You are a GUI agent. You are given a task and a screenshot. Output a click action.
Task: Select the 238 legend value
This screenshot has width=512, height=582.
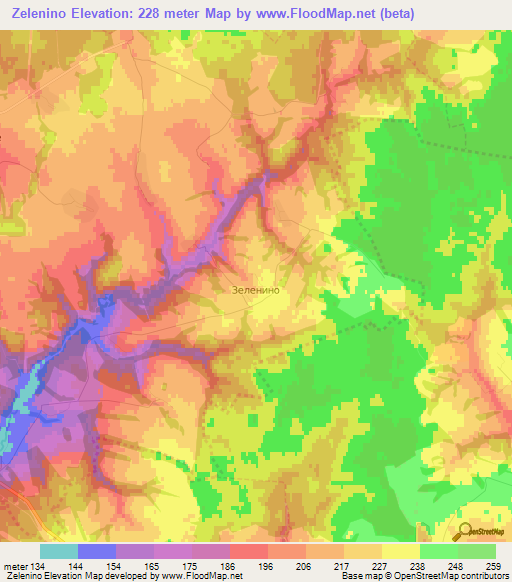(x=421, y=565)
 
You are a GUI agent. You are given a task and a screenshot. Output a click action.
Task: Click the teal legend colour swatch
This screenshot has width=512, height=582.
(x=59, y=551)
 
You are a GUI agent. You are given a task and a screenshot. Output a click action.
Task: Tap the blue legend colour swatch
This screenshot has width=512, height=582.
(x=97, y=551)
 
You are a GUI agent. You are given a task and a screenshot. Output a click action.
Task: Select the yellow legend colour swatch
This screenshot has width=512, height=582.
(x=401, y=551)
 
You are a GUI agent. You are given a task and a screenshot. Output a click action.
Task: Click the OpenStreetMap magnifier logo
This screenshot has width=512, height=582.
(x=464, y=531)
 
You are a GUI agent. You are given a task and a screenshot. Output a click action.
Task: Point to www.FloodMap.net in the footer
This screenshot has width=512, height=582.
(x=200, y=576)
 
